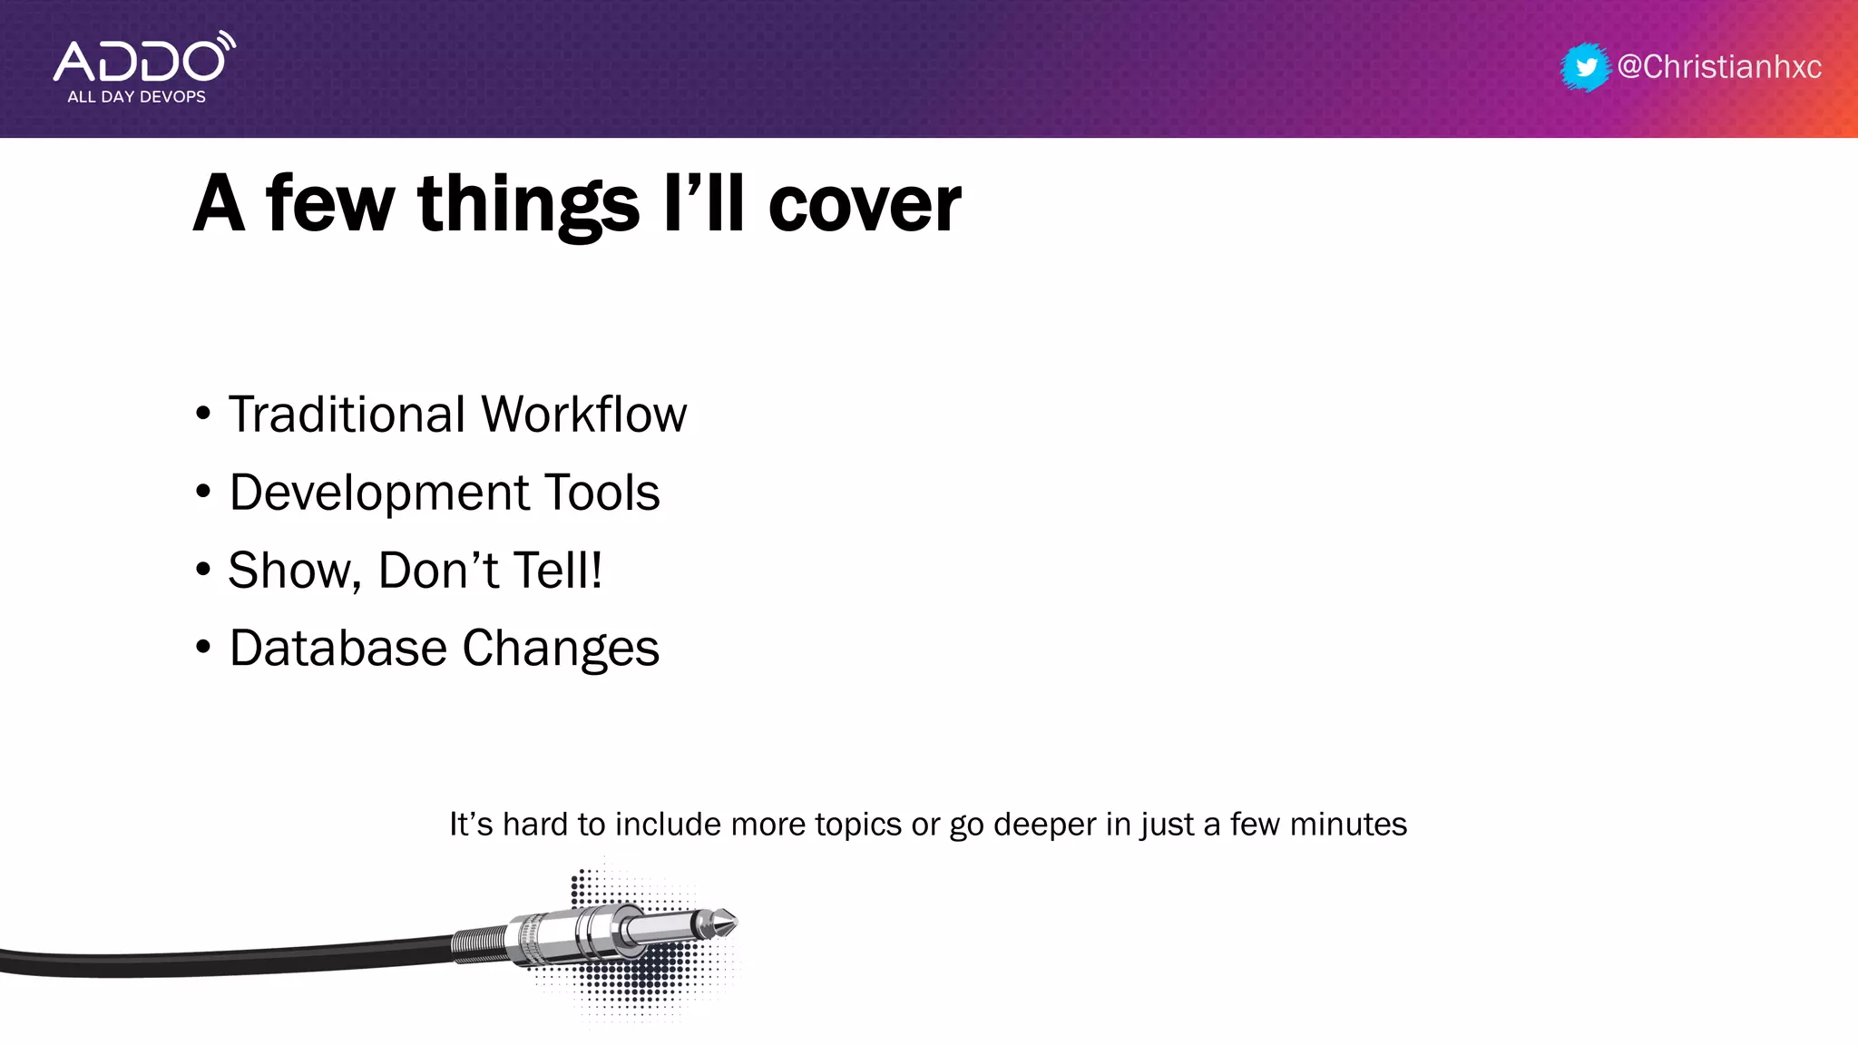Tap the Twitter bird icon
1586,67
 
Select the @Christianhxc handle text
1719,67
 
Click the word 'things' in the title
528,205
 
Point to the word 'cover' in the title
864,205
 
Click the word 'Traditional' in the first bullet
347,415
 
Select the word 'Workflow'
583,415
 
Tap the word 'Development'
379,493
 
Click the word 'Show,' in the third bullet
295,571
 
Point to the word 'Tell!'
558,571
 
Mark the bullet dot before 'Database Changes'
203,648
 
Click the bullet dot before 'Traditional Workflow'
203,414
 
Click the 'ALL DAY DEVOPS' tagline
136,97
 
